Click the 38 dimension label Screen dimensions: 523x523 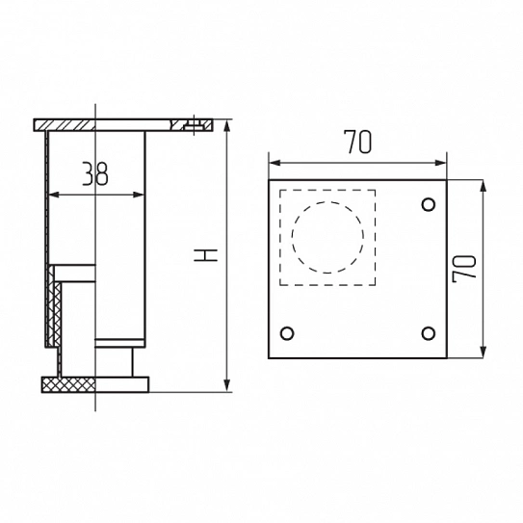click(95, 173)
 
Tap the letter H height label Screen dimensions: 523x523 click(205, 255)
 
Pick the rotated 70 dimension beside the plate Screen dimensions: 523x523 click(463, 269)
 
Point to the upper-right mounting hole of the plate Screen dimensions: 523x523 click(429, 204)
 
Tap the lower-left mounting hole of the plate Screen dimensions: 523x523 click(287, 333)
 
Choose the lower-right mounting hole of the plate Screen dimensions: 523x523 click(429, 333)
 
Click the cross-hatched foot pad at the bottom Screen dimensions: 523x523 click(68, 384)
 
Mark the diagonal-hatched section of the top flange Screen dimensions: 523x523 click(65, 125)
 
